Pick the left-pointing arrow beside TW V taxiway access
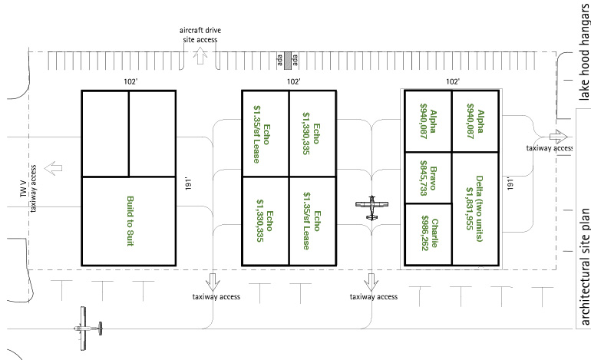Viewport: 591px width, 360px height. pos(53,167)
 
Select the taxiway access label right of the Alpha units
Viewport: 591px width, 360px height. pos(549,149)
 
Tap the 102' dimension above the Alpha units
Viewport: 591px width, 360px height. pos(452,80)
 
